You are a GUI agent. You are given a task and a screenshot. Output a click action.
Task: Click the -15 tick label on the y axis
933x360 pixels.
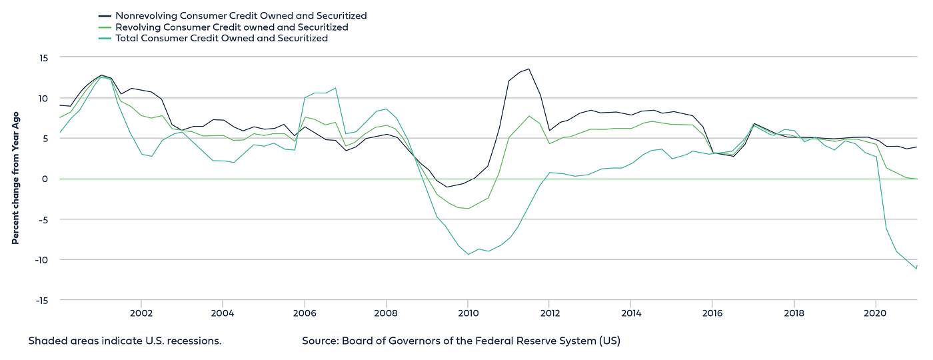(x=41, y=300)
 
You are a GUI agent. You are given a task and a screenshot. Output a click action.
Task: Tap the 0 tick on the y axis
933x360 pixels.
(x=45, y=179)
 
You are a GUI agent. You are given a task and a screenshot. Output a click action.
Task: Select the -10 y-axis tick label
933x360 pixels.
(x=41, y=260)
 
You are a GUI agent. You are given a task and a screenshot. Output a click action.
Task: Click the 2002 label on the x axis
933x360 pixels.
(x=141, y=313)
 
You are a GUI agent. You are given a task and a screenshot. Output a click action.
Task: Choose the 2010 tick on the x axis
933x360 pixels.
(x=467, y=313)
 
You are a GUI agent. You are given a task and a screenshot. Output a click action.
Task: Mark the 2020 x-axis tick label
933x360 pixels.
(x=875, y=313)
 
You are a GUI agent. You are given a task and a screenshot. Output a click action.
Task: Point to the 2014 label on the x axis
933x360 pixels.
(x=630, y=313)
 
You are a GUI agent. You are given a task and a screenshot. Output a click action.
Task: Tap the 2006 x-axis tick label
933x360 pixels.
(x=304, y=313)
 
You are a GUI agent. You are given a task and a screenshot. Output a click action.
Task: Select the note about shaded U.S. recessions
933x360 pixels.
(x=125, y=341)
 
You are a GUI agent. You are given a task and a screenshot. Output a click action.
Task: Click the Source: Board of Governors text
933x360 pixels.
(x=461, y=341)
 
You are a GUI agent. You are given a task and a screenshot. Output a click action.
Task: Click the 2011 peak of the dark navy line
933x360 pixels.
(x=528, y=69)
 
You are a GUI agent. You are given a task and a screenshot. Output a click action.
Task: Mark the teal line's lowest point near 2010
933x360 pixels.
(x=468, y=254)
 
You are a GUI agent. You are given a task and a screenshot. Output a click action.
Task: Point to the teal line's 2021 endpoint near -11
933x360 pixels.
(x=916, y=268)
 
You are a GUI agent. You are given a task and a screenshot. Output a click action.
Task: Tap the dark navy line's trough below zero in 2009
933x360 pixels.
(x=447, y=187)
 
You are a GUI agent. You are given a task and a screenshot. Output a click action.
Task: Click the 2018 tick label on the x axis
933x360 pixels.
(x=794, y=313)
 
